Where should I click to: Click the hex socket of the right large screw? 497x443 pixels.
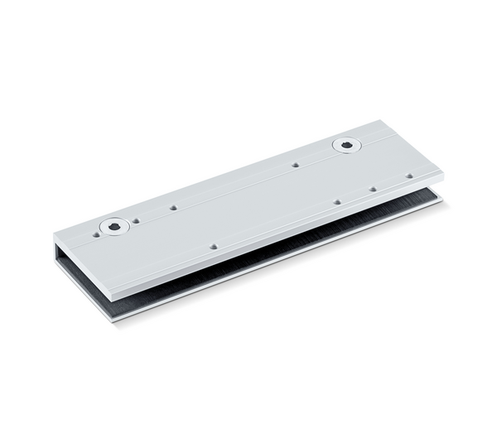347,146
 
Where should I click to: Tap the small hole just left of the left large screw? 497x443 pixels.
96,234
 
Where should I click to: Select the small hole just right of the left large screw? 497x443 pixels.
136,221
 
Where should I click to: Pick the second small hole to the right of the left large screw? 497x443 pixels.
173,208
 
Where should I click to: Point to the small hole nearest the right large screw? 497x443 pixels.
295,165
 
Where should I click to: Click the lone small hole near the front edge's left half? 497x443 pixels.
214,246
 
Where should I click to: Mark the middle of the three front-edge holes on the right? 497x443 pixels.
373,189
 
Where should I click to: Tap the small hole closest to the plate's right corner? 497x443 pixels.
409,176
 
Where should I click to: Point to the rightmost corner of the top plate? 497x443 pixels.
443,173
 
